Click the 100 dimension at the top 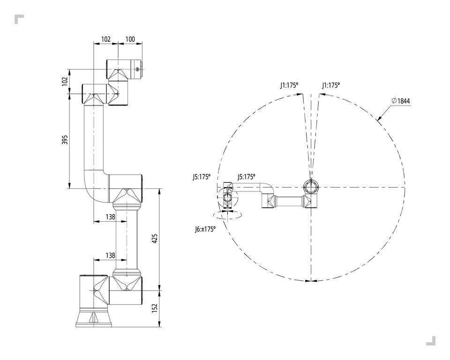coord(130,39)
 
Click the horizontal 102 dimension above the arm coord(106,39)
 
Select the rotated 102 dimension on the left coord(65,81)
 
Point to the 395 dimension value coord(65,140)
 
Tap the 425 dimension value coord(155,239)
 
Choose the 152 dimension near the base coord(155,308)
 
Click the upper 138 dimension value coord(111,217)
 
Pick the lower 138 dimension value coord(111,255)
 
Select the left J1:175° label coord(289,85)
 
